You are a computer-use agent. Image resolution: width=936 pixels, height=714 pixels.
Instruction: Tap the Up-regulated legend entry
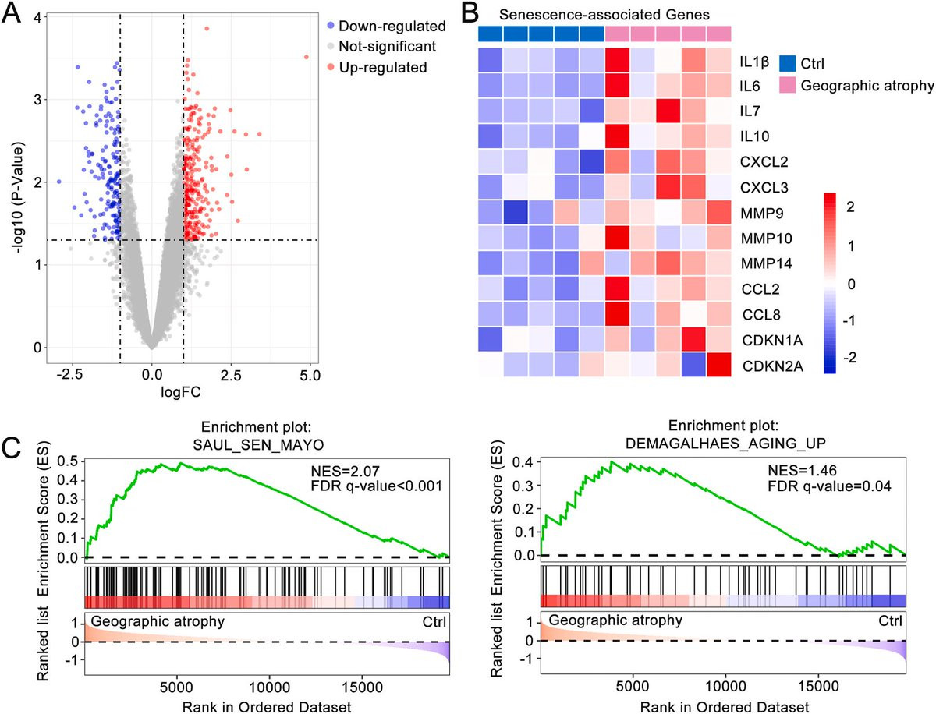[x=378, y=67]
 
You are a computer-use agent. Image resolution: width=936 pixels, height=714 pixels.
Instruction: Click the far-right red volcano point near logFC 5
[x=306, y=57]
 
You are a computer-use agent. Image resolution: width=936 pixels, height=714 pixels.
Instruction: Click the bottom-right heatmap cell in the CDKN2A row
[x=719, y=362]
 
